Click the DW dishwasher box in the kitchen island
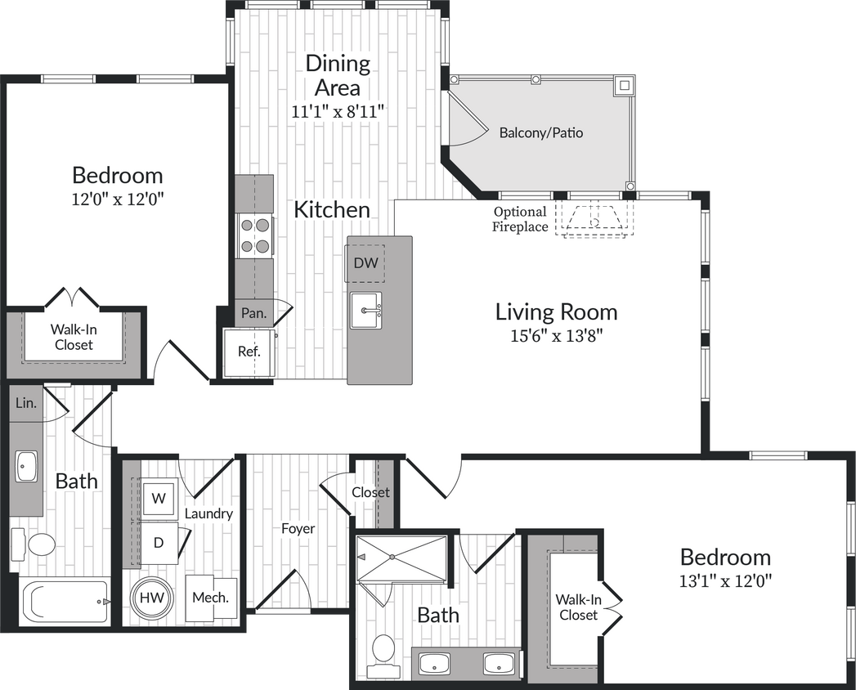tap(365, 263)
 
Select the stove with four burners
tap(254, 235)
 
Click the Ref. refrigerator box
tap(249, 352)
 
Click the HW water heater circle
tap(150, 598)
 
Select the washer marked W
tap(159, 497)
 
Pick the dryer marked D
tap(159, 541)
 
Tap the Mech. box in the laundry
tap(210, 597)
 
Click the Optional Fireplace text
tap(519, 220)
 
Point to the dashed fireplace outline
tap(594, 218)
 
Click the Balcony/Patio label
tap(541, 132)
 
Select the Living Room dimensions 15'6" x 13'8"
tap(556, 334)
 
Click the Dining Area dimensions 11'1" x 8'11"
tap(338, 111)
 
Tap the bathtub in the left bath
tap(65, 602)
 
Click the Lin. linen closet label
tap(25, 404)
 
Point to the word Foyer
tap(298, 529)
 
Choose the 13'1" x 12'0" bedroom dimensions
tap(725, 580)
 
